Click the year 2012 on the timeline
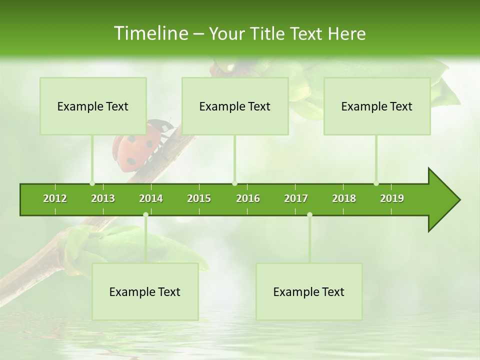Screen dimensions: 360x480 click(55, 198)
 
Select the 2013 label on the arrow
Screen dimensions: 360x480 click(103, 198)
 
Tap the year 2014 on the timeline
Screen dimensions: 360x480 click(151, 198)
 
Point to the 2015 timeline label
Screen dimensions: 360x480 click(199, 198)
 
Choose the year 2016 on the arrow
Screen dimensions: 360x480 click(248, 198)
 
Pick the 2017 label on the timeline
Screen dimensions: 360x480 click(296, 198)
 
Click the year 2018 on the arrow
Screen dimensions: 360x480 click(344, 198)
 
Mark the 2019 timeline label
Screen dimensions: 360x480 click(392, 198)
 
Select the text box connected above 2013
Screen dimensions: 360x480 click(93, 106)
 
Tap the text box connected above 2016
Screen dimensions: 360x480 click(235, 106)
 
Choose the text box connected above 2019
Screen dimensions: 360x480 click(377, 106)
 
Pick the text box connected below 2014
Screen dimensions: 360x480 click(145, 291)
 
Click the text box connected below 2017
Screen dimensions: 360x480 click(309, 291)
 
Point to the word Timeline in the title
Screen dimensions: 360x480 click(150, 33)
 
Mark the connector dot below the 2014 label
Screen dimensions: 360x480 click(145, 215)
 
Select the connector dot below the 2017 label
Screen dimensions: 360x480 click(309, 215)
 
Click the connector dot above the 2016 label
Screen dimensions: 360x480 click(234, 183)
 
